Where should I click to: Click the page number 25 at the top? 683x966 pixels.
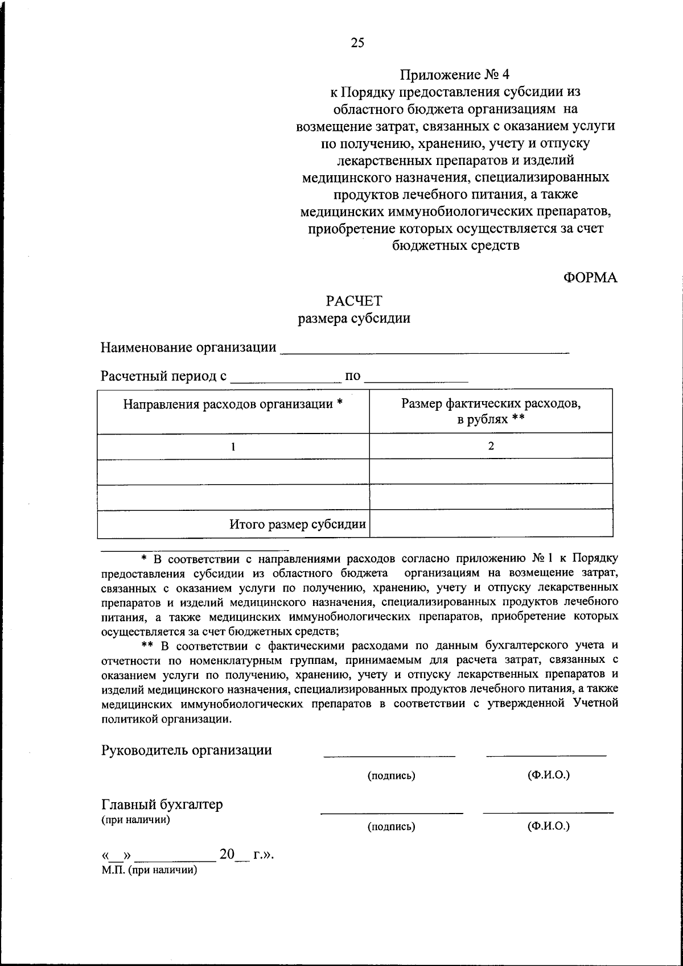pos(357,43)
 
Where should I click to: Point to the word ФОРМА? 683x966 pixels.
pos(590,278)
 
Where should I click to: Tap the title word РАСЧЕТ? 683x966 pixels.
pos(354,300)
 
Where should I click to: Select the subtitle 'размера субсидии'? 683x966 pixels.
pos(354,319)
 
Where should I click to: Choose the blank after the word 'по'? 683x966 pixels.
pos(416,377)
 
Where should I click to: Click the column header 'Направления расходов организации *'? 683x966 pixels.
pos(233,404)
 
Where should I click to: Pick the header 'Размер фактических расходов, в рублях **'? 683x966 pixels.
pos(491,411)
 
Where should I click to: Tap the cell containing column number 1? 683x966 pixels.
pos(233,447)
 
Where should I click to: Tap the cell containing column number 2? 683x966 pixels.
pos(491,447)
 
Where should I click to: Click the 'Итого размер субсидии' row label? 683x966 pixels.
pos(297,525)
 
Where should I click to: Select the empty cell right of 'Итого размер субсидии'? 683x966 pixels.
pos(491,525)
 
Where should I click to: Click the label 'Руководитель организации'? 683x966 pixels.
pos(187,750)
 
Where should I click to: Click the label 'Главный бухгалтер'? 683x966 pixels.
pos(162,804)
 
